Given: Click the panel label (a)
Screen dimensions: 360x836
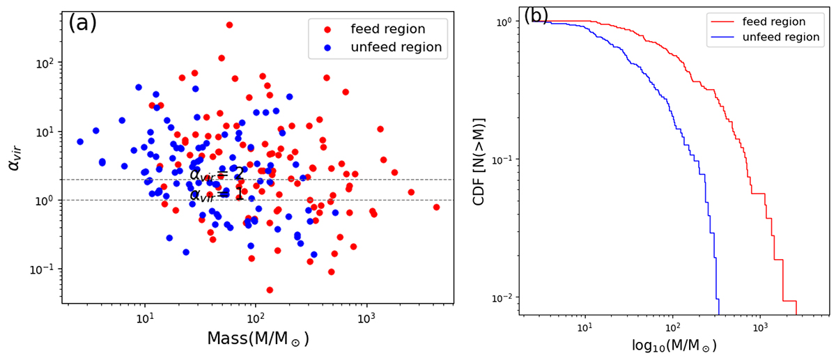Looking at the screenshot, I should (x=82, y=23).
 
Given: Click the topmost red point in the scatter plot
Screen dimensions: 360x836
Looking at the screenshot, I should (x=229, y=25).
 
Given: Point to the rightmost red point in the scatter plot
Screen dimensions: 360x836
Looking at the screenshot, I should (x=436, y=207).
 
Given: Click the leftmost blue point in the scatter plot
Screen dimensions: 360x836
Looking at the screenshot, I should (x=80, y=141).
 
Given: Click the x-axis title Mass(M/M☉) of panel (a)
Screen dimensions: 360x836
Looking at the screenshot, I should (x=258, y=339).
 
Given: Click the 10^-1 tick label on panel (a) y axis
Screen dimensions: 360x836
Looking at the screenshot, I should (x=46, y=269).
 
